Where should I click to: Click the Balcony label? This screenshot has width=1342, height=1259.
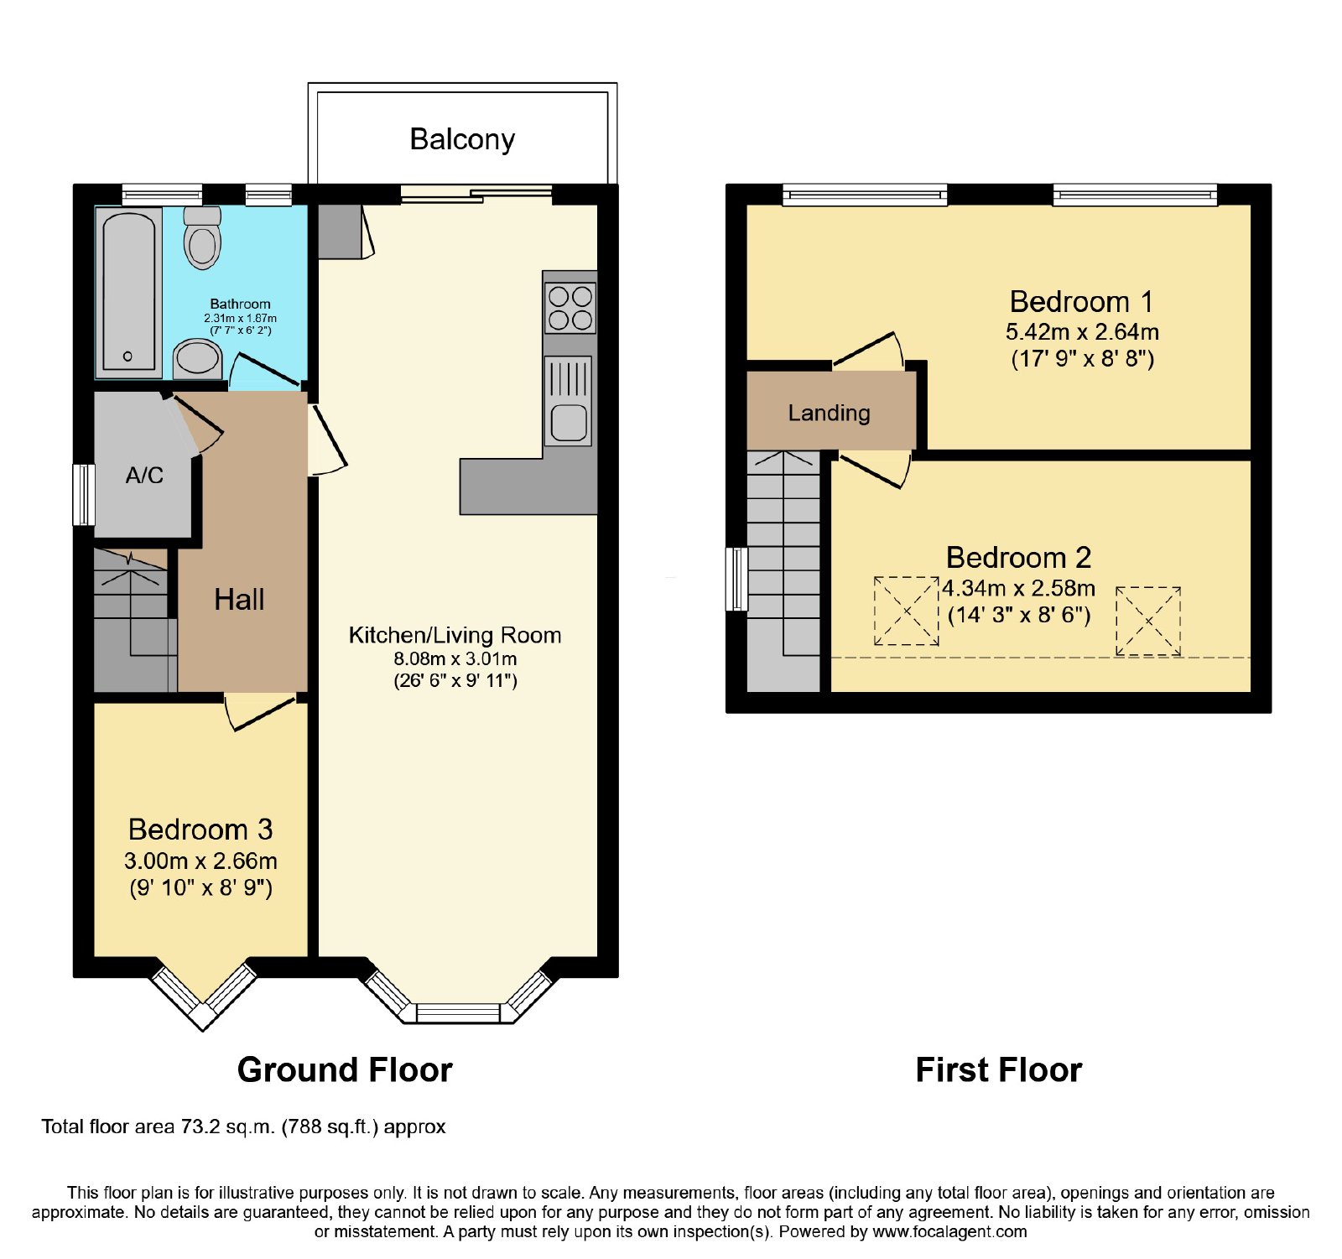click(x=462, y=139)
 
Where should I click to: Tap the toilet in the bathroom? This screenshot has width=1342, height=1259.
click(x=202, y=237)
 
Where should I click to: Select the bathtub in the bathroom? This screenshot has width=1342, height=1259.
click(x=128, y=291)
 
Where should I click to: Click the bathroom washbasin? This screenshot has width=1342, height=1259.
click(x=198, y=359)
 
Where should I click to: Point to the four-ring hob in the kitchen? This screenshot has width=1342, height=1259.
click(x=570, y=308)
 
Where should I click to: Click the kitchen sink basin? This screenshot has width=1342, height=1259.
click(x=570, y=422)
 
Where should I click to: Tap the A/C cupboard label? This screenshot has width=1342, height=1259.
click(x=144, y=476)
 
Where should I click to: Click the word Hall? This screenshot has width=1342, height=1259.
click(x=239, y=600)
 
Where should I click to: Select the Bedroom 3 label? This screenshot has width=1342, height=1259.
click(x=200, y=830)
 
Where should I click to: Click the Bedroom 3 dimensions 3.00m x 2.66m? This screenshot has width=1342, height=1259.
click(x=200, y=861)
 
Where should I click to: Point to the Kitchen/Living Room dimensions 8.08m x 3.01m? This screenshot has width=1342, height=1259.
click(x=455, y=658)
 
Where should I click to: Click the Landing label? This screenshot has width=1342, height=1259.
click(x=830, y=413)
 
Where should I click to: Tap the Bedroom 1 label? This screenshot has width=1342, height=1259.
click(x=1081, y=301)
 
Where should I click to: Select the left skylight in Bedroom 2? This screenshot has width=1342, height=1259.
click(x=907, y=611)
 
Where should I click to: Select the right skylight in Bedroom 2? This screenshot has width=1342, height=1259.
click(x=1148, y=621)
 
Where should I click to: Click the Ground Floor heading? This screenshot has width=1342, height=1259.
click(x=345, y=1070)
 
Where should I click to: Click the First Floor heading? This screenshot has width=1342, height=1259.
click(x=999, y=1070)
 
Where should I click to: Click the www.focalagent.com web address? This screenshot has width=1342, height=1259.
click(x=949, y=1231)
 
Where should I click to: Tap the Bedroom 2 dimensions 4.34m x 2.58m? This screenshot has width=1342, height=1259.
click(x=1018, y=588)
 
